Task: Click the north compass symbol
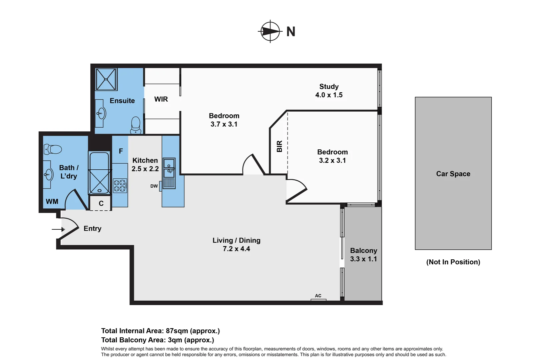[270, 31]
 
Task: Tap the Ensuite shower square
[106, 79]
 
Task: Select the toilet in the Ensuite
[136, 125]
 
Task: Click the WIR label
[161, 99]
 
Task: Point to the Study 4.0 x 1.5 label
[329, 91]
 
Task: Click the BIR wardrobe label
[280, 146]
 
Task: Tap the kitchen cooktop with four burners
[120, 186]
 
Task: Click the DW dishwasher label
[154, 186]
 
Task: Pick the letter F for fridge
[121, 151]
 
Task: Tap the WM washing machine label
[52, 202]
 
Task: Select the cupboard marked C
[101, 203]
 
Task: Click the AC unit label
[318, 296]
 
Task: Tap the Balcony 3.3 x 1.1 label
[363, 255]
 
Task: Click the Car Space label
[453, 174]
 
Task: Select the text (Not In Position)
[453, 262]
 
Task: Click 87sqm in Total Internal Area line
[177, 331]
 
